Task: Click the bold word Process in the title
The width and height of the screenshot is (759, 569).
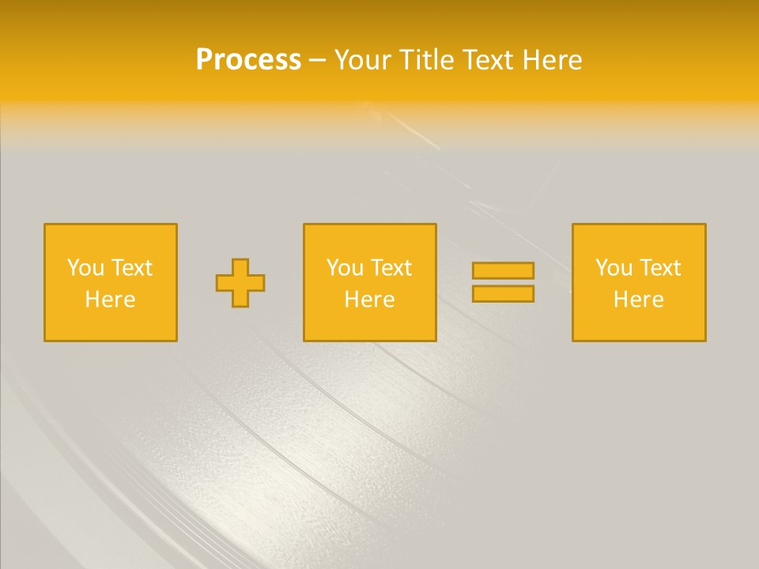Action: coord(248,60)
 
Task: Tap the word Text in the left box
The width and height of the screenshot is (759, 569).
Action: coord(131,268)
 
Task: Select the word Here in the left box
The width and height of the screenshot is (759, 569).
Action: coord(111,300)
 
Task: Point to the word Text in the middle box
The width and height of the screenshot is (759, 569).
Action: coord(391,268)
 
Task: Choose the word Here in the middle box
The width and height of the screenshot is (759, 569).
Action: coord(370,300)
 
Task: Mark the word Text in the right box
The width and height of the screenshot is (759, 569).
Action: coord(659,268)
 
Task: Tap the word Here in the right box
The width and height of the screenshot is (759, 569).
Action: coord(639,300)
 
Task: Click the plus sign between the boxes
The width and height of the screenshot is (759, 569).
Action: coord(240,282)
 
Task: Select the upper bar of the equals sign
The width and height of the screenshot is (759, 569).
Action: coord(503,270)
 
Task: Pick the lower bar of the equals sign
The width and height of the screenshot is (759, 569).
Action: coord(503,294)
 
